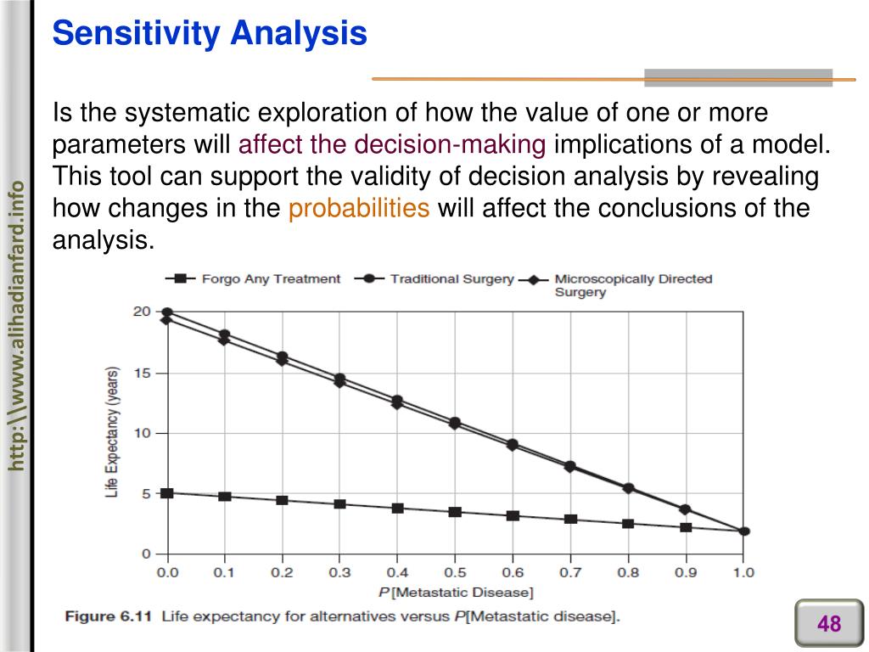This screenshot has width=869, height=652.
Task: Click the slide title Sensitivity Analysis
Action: pyautogui.click(x=210, y=34)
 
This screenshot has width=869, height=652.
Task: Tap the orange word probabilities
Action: pyautogui.click(x=359, y=208)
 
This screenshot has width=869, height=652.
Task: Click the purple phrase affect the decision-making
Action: pyautogui.click(x=392, y=144)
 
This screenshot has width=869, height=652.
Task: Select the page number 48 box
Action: pyautogui.click(x=828, y=625)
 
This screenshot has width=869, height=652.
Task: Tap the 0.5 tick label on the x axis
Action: pyautogui.click(x=455, y=573)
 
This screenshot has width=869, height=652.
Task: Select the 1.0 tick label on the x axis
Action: pyautogui.click(x=743, y=573)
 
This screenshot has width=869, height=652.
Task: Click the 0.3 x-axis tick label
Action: pyautogui.click(x=339, y=573)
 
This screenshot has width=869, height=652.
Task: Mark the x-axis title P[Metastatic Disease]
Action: pyautogui.click(x=455, y=592)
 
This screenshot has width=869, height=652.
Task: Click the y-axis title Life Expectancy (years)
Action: pyautogui.click(x=112, y=432)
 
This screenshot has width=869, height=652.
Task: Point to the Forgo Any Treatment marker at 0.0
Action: pyautogui.click(x=167, y=492)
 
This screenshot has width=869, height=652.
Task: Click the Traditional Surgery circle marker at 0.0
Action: pyautogui.click(x=167, y=312)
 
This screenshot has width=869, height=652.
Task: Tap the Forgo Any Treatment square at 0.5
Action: pyautogui.click(x=455, y=512)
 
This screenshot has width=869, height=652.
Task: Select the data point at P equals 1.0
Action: pyautogui.click(x=744, y=531)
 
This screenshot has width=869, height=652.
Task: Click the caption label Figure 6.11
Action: pyautogui.click(x=109, y=616)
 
